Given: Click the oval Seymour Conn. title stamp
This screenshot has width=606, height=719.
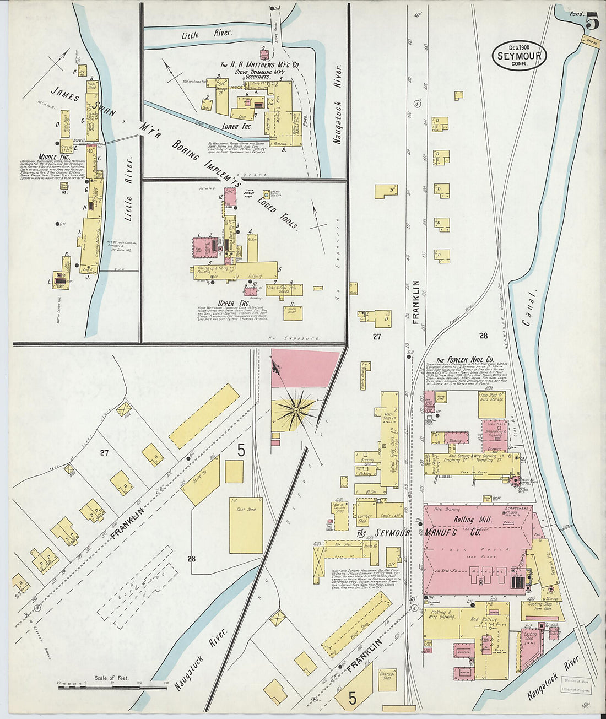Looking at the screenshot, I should (520, 55).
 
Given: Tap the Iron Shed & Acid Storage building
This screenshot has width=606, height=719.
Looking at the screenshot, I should (493, 404).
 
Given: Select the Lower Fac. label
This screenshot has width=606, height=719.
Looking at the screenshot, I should (237, 127).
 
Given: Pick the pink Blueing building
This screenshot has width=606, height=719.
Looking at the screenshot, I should (454, 439).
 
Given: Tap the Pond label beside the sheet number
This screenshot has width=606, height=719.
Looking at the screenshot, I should (576, 13).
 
